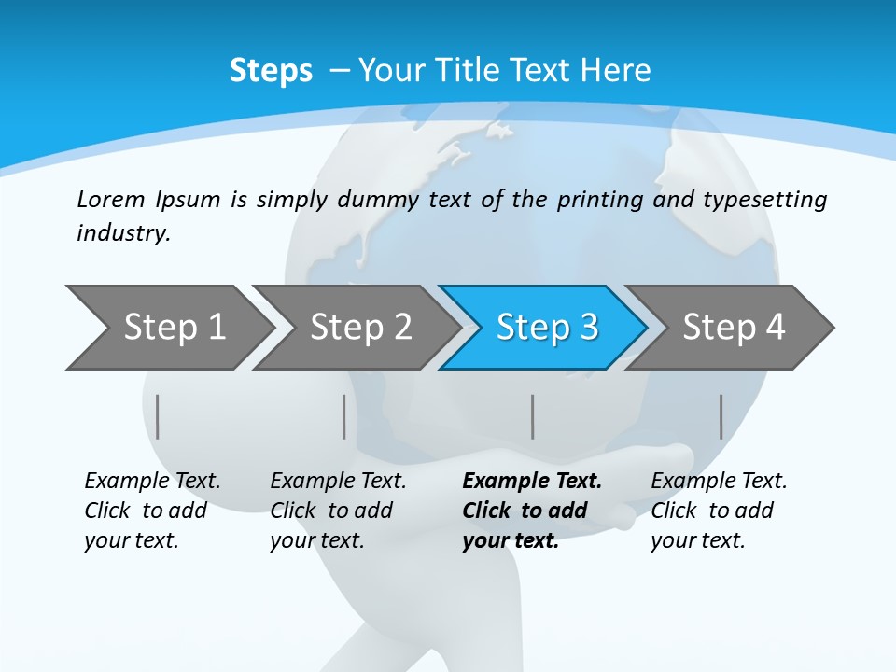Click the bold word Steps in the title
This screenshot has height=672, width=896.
(x=271, y=71)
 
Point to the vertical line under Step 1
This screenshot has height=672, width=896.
(x=158, y=416)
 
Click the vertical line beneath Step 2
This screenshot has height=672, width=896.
(x=344, y=416)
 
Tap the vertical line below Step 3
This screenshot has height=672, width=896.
(x=532, y=416)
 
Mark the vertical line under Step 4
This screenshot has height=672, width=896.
(x=721, y=416)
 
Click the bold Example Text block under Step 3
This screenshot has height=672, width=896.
(x=531, y=511)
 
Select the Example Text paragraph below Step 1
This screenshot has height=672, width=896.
(x=152, y=511)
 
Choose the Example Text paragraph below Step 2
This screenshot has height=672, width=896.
(x=338, y=511)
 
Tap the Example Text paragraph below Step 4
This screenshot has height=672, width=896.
(x=719, y=511)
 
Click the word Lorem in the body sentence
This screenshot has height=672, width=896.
(x=111, y=200)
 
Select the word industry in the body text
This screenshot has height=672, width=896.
(x=122, y=233)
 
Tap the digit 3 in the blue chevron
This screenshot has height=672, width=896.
(x=587, y=328)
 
